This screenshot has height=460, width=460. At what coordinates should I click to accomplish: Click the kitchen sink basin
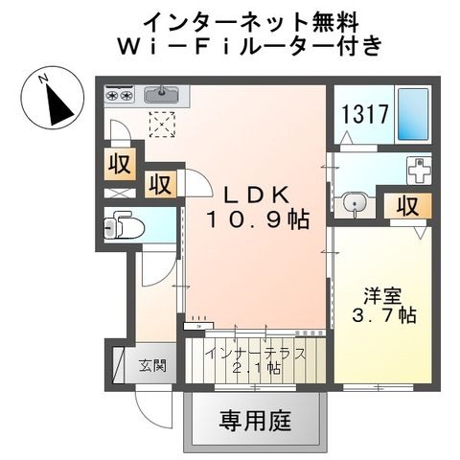coord(159,94)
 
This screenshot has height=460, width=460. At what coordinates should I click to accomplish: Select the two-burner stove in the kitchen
coord(120,95)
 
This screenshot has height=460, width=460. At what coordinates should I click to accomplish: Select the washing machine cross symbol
coord(419,171)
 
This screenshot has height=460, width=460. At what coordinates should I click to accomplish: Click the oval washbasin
coord(356,203)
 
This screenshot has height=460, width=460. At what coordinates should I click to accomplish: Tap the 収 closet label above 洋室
coord(407,205)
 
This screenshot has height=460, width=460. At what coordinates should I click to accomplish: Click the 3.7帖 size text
coord(380,315)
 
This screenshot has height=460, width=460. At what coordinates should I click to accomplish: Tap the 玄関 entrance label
coord(149,364)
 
